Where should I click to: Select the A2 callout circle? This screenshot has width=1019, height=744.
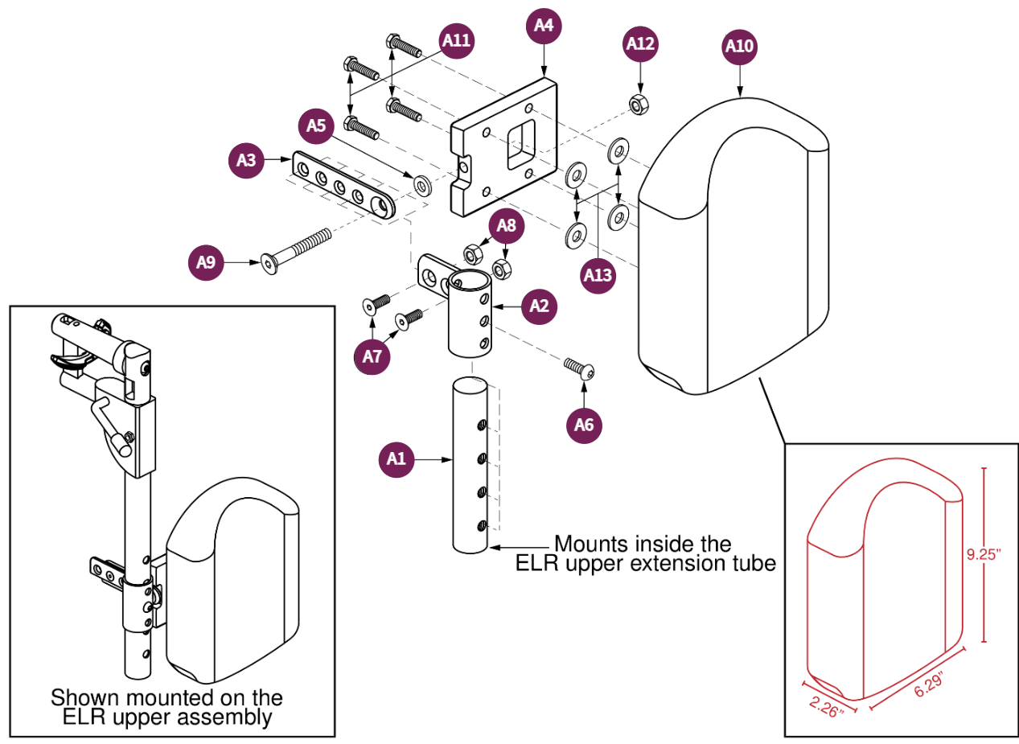(x=540, y=306)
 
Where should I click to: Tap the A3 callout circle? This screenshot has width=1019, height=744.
(x=246, y=161)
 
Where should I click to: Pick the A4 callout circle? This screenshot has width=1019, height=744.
(x=544, y=25)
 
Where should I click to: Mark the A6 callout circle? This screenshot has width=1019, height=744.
(x=585, y=425)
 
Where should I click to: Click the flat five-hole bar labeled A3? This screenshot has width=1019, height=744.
(x=344, y=185)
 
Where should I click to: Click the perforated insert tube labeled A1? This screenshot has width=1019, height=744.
(x=470, y=467)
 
